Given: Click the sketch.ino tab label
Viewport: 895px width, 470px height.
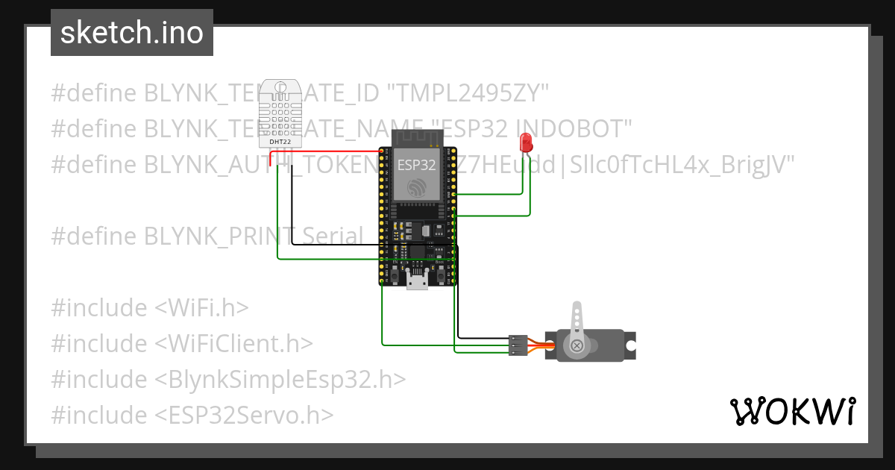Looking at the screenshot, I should click(x=132, y=33).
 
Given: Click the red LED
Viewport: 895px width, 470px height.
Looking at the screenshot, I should click(x=526, y=142).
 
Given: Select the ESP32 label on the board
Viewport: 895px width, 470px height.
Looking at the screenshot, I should click(x=416, y=164).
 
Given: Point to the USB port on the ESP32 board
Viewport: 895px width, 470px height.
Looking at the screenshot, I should click(x=417, y=281).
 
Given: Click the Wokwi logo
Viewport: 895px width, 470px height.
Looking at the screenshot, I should click(x=792, y=411).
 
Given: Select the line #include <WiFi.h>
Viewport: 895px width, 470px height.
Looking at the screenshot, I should click(x=150, y=307).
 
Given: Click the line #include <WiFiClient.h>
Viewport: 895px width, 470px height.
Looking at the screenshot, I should click(x=182, y=343).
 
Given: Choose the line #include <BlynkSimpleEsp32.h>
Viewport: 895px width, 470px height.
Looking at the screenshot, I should click(x=228, y=379).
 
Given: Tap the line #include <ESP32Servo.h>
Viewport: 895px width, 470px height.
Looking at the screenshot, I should click(x=192, y=415).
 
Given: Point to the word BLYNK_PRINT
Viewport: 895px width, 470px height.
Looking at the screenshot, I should click(x=216, y=236).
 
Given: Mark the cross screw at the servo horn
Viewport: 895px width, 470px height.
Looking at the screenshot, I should click(x=577, y=345).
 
